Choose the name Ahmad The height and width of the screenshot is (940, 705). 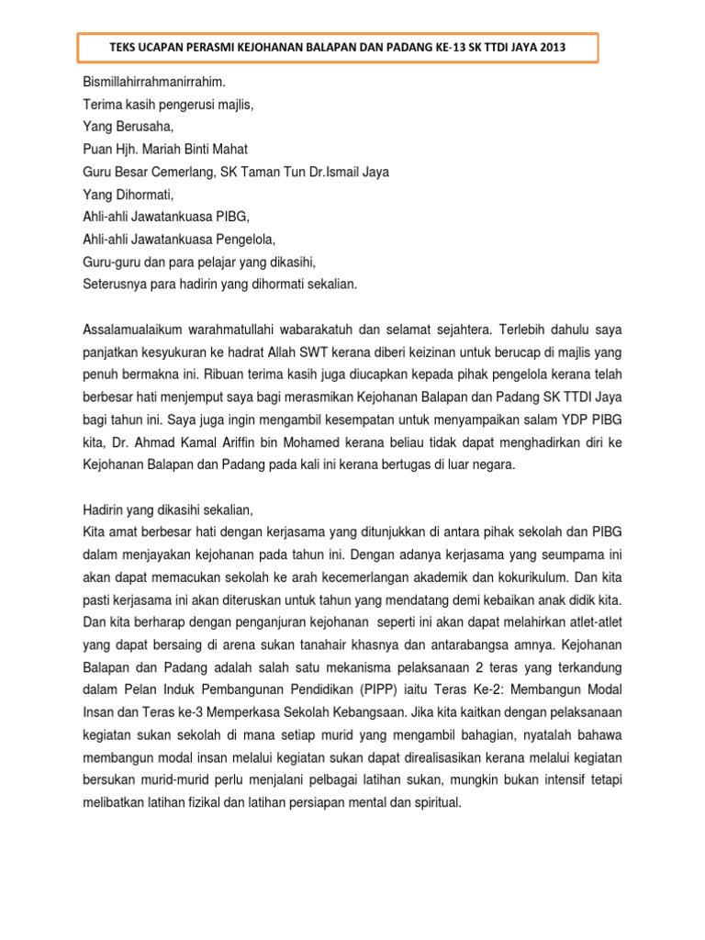click(154, 442)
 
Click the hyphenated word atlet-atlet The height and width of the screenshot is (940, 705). click(598, 621)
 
